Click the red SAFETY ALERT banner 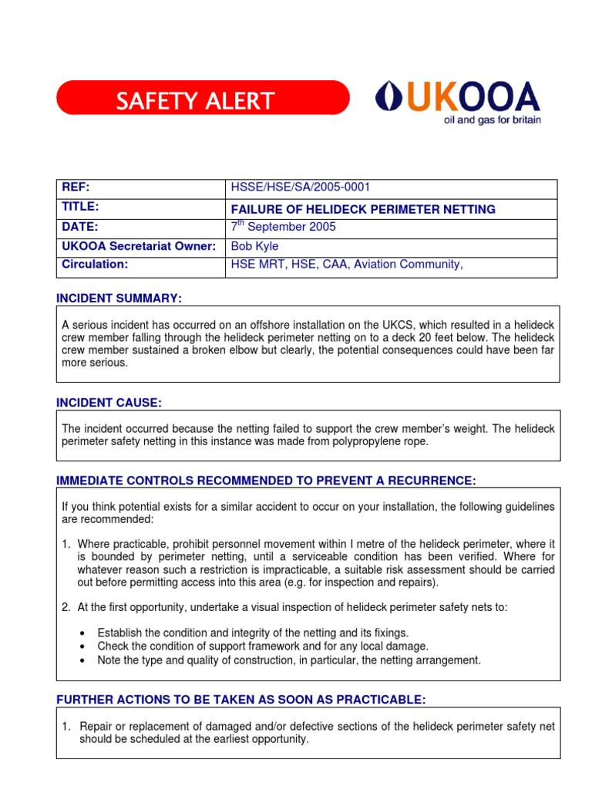coord(202,100)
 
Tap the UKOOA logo coord(457,98)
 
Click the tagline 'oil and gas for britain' coord(490,121)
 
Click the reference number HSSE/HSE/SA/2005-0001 coord(294,188)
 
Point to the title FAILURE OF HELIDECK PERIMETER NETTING coord(363,209)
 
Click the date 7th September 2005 coord(284,228)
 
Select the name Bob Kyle coord(255,247)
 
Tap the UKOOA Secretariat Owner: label coord(138,247)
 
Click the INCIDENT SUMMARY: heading coord(119,299)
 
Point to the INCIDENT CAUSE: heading coord(109,403)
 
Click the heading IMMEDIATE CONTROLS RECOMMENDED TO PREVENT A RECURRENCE coord(266,481)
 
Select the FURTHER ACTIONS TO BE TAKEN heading coord(240,700)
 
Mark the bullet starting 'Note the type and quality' coord(288,660)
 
